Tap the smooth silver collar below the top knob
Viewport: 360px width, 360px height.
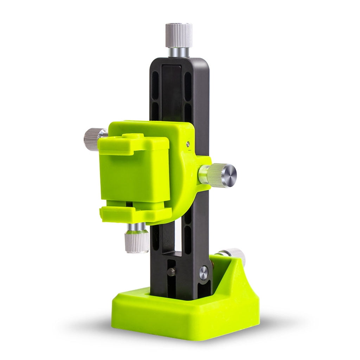tap(178, 52)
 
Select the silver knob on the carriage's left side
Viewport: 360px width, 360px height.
tap(92, 139)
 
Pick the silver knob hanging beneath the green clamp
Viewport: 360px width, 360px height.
tap(137, 241)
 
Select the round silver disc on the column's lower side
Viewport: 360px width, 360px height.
tap(204, 272)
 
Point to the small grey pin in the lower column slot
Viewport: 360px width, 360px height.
tap(171, 272)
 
